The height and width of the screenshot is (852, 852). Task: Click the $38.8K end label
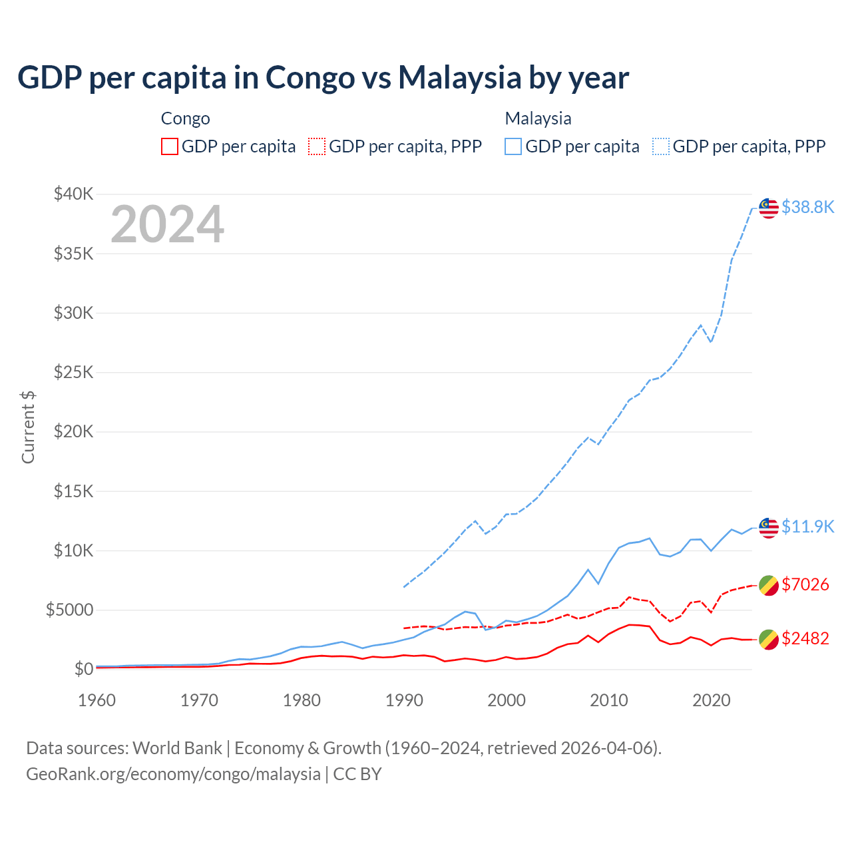[807, 208]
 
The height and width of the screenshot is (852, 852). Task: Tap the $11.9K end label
[807, 527]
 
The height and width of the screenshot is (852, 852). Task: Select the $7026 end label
[805, 584]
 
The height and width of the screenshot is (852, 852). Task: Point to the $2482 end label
[805, 638]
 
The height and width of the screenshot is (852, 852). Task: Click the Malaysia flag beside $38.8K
[769, 208]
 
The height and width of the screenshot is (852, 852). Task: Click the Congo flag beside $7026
[769, 585]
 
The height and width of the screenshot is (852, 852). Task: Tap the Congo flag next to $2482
[769, 639]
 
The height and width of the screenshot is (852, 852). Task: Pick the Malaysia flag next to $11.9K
[769, 527]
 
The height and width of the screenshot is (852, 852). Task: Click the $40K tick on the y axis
[73, 194]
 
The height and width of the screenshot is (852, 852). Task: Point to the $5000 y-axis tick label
[69, 610]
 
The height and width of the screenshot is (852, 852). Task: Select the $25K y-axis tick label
[73, 372]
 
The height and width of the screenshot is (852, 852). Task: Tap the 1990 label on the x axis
[404, 700]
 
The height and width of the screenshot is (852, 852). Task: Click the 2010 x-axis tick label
[609, 700]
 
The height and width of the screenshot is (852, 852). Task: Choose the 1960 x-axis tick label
[97, 700]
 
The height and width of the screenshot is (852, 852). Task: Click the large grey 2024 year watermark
[167, 224]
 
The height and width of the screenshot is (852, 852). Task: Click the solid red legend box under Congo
[170, 146]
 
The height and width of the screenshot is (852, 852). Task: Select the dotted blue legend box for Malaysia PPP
[661, 146]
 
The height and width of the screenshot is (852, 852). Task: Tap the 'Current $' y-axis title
[28, 427]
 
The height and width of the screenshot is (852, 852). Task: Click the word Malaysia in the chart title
[459, 77]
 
